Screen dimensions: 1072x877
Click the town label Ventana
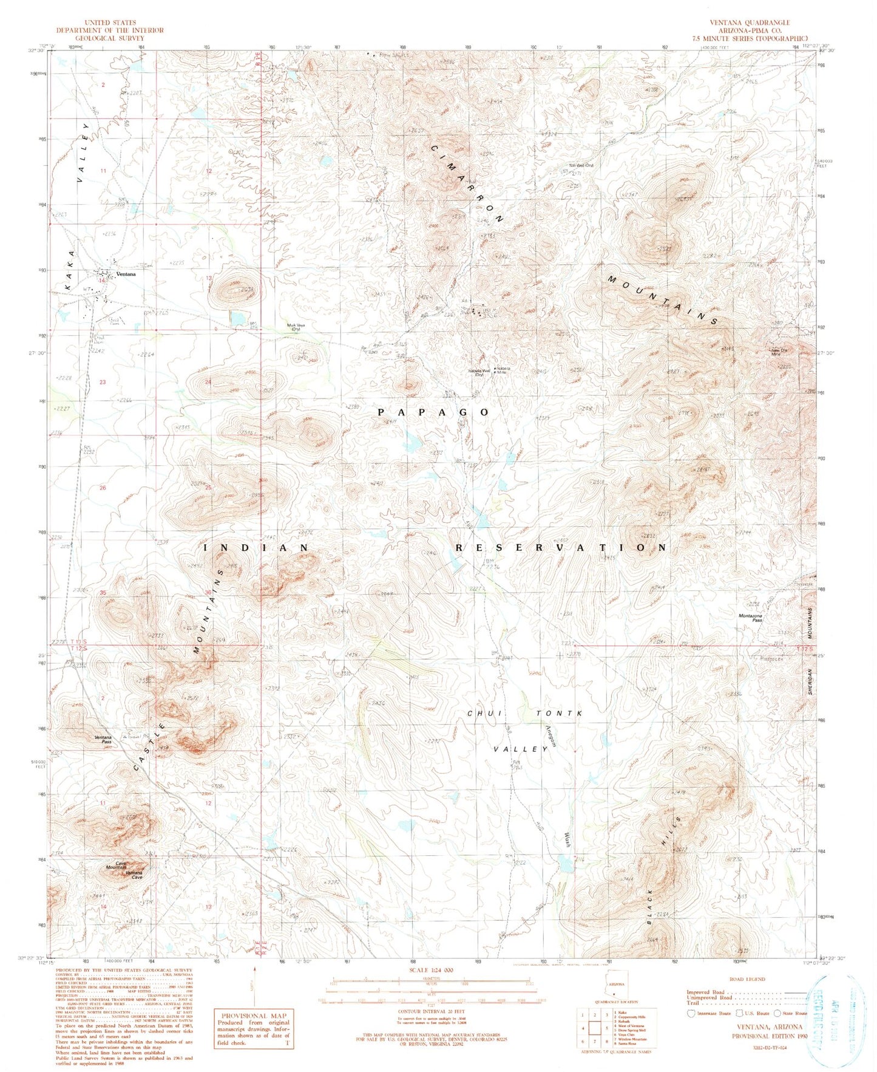tap(126, 274)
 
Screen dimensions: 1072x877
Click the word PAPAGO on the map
tap(433, 412)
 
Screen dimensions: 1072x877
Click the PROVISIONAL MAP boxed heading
tap(254, 1016)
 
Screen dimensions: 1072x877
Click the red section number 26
tap(103, 488)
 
